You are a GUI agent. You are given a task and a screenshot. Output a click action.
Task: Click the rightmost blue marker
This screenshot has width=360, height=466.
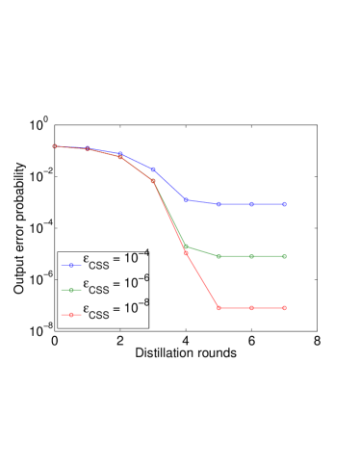(284, 204)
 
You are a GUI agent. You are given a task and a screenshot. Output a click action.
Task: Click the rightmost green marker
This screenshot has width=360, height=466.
(284, 256)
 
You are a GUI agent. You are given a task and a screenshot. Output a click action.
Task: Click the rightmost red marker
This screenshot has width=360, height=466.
(284, 308)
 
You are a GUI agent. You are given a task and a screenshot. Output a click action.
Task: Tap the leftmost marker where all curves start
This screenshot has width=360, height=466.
(55, 146)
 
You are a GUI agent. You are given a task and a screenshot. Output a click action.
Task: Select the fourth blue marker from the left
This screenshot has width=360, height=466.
(153, 169)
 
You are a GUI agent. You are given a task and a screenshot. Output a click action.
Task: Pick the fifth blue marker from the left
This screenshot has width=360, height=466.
(186, 200)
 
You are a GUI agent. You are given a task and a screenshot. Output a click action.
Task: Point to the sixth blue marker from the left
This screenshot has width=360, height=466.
(219, 204)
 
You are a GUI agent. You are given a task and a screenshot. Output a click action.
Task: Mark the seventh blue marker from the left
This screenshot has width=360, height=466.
(251, 204)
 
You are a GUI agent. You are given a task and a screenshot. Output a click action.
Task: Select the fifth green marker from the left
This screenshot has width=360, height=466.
(186, 246)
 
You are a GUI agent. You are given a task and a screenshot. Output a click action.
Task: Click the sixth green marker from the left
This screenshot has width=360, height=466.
(219, 256)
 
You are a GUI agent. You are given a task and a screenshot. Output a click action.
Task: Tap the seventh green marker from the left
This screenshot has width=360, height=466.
(251, 256)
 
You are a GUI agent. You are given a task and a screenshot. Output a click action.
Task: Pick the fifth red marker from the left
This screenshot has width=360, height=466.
(186, 253)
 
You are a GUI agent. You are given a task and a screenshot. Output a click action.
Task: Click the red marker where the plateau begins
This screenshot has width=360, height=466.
(219, 308)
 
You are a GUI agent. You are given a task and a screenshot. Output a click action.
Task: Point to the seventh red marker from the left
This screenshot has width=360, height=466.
(251, 308)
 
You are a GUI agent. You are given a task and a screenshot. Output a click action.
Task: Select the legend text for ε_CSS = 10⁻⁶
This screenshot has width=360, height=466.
(115, 286)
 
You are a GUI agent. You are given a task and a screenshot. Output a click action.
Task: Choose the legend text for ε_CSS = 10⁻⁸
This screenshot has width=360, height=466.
(115, 311)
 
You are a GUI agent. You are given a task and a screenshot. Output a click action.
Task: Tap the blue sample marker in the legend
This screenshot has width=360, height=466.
(70, 265)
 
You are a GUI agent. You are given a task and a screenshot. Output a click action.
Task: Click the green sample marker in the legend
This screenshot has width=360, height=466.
(70, 290)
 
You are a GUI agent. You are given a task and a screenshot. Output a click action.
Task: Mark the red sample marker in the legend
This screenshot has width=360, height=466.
(70, 315)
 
